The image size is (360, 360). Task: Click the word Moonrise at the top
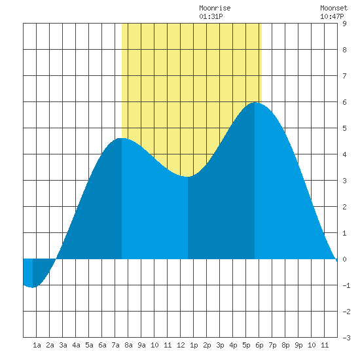click(215, 8)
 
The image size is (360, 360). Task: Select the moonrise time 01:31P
click(211, 16)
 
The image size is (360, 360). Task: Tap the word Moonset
click(334, 8)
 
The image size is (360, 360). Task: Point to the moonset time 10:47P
click(332, 16)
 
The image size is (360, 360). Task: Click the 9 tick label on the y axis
click(344, 24)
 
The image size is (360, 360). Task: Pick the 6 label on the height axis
click(344, 102)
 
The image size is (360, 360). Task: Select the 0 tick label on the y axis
click(344, 259)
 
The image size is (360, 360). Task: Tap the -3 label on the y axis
click(346, 338)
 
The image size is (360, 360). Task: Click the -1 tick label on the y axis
click(346, 285)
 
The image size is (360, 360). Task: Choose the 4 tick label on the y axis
click(344, 154)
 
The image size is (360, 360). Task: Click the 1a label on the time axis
click(37, 345)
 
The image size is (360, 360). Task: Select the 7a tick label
click(115, 345)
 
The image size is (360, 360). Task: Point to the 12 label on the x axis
click(181, 345)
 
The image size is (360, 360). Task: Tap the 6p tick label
click(259, 345)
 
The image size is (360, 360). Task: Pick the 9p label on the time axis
click(298, 345)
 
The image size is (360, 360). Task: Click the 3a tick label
click(63, 345)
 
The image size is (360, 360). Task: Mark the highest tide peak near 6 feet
click(255, 103)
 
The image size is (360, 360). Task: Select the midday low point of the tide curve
click(188, 177)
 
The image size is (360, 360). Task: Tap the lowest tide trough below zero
click(33, 287)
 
